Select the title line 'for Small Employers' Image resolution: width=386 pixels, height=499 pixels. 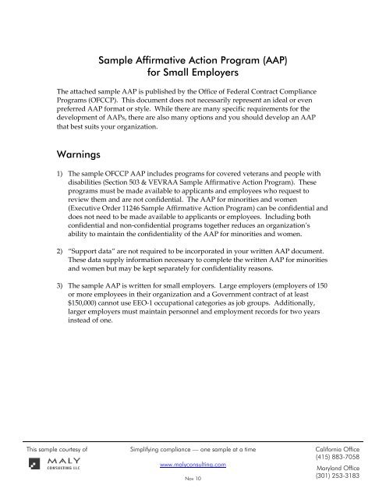pyautogui.click(x=193, y=72)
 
